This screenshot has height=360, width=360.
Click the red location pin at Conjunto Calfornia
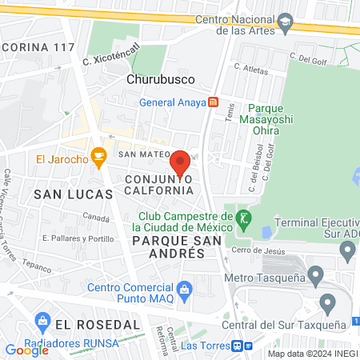pos(181,162)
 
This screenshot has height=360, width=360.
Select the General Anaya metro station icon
pos(213,102)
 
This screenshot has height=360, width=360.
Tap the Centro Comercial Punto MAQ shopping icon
pos(185,287)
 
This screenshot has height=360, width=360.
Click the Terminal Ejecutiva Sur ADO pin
pos(347,250)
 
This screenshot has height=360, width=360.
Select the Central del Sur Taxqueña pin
pos(326,303)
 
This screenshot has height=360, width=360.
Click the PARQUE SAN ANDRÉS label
pos(168,246)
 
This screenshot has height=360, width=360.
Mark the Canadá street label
pos(95,217)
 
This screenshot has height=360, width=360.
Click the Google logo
pos(26,350)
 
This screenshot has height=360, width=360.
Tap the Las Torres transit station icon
pos(238,346)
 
